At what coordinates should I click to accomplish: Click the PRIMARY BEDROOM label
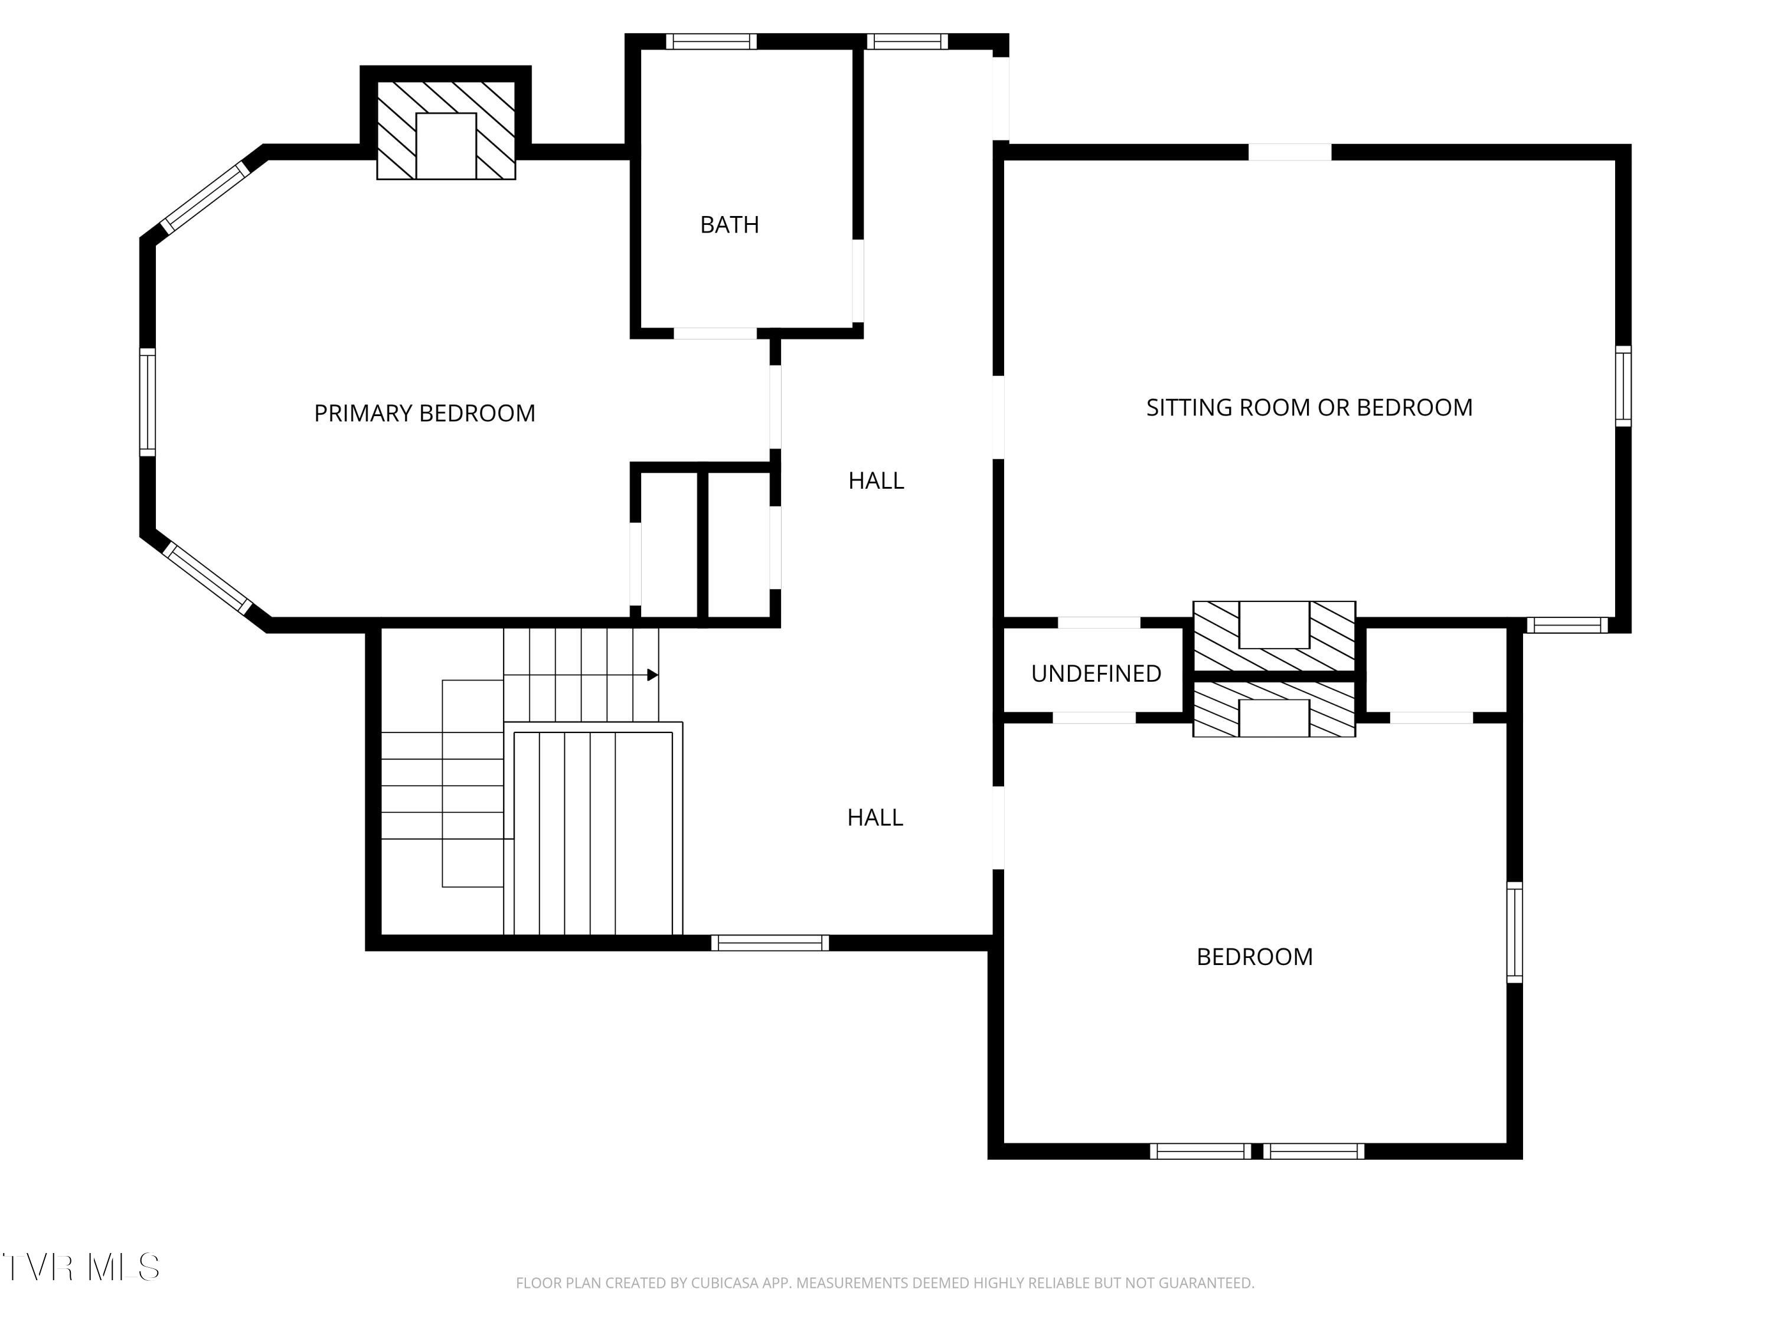[x=424, y=413]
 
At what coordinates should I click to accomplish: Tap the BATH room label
[x=730, y=225]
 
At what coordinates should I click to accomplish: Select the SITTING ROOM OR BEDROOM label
[x=1309, y=407]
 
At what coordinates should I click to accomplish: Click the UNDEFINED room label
[x=1095, y=674]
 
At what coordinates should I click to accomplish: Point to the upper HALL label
[x=876, y=480]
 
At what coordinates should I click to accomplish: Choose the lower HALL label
[x=875, y=817]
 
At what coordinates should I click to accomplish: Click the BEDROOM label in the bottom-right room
[x=1254, y=957]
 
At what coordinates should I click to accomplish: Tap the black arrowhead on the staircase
[x=652, y=675]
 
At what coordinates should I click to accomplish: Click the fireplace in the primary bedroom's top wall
[x=446, y=130]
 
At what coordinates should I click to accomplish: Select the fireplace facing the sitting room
[x=1274, y=636]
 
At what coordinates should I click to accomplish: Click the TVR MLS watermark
[x=80, y=1267]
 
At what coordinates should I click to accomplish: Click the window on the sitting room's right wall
[x=1622, y=387]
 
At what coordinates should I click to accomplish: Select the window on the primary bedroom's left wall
[x=148, y=402]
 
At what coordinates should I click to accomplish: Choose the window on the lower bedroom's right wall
[x=1514, y=932]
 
